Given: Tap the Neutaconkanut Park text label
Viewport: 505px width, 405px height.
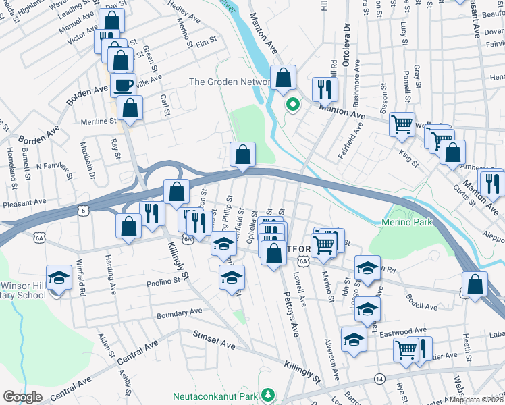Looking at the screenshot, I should click(x=216, y=394).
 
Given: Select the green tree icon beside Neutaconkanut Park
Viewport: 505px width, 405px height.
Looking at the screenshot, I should click(x=269, y=394).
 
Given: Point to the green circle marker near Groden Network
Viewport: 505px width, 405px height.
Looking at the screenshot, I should click(x=292, y=104).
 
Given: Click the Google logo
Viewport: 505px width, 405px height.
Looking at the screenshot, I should click(x=22, y=397).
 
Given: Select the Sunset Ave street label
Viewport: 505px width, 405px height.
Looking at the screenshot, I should click(x=214, y=339).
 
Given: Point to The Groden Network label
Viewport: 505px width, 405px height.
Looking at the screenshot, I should click(x=230, y=82).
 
